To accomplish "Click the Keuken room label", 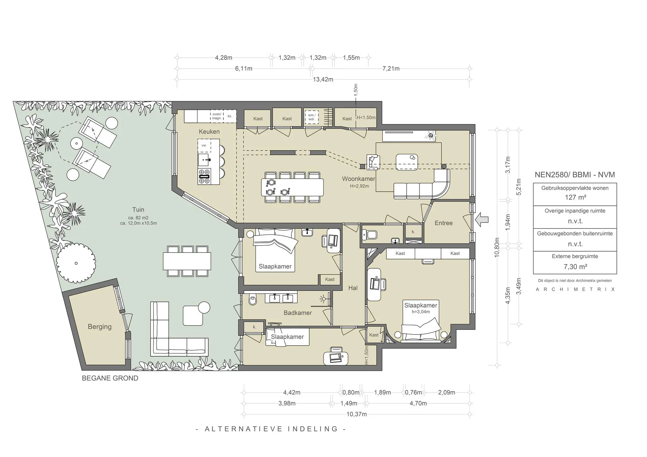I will click(209, 132).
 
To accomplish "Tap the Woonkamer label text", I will click(359, 179).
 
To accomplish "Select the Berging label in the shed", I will click(100, 327).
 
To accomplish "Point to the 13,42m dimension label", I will click(323, 80).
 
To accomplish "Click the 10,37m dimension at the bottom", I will click(356, 414).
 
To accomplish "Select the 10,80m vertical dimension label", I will click(497, 247).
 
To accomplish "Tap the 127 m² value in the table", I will click(575, 198).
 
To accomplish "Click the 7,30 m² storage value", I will click(575, 267).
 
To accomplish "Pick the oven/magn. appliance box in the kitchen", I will click(217, 116).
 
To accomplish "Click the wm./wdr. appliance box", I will click(311, 117).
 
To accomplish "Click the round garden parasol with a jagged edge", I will click(76, 263).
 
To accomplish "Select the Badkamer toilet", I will click(253, 300).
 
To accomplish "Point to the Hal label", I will click(353, 288).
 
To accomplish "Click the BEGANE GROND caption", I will click(110, 378).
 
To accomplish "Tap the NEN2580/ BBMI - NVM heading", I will click(575, 175).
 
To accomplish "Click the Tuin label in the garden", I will click(138, 210).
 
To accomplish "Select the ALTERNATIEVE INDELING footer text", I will click(271, 429).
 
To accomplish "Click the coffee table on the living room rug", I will click(407, 162).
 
